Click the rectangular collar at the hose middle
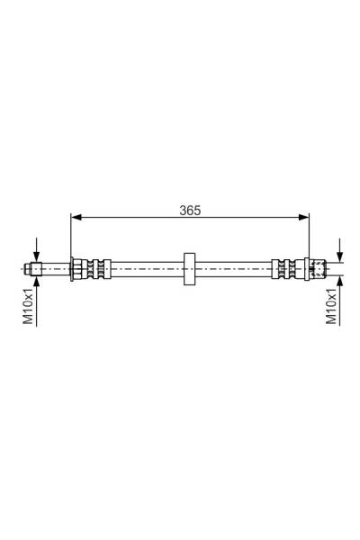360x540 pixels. click(x=189, y=267)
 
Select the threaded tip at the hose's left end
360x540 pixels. click(x=32, y=267)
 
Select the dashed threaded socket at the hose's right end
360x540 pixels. click(x=318, y=267)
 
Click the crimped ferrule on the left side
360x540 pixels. click(x=96, y=267)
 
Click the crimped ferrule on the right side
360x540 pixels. click(x=283, y=267)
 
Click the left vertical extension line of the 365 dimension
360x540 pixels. click(x=70, y=236)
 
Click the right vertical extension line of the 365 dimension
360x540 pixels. click(x=309, y=236)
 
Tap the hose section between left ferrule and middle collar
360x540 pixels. click(x=144, y=267)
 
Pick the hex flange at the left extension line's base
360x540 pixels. click(x=77, y=267)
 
